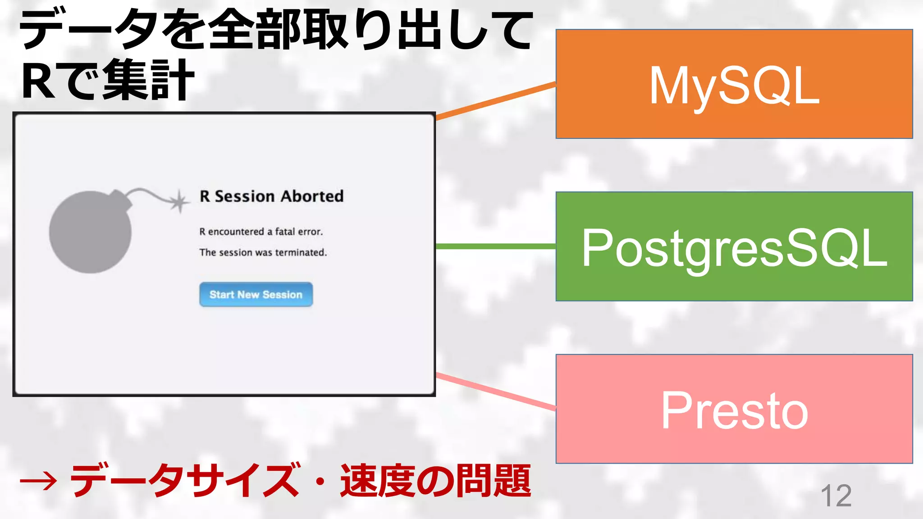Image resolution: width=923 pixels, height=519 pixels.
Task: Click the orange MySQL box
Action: [734, 84]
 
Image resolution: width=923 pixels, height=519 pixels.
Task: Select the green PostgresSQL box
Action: [734, 246]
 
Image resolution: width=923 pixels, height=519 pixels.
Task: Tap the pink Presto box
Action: [734, 409]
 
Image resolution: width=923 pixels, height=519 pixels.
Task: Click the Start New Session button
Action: [256, 295]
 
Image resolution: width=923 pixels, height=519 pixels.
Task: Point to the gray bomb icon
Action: [90, 232]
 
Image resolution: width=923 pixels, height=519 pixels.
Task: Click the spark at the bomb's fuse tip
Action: [179, 201]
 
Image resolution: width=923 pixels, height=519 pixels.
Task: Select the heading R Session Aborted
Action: [271, 196]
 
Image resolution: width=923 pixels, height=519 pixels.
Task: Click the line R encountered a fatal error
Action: [261, 232]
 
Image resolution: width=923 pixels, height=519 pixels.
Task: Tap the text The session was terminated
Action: [263, 252]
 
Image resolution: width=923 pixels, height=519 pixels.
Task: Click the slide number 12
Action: [836, 496]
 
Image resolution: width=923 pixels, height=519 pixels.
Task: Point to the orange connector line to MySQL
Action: [496, 101]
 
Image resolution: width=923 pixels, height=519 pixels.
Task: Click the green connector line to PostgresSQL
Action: [496, 246]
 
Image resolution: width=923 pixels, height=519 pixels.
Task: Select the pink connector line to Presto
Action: [496, 392]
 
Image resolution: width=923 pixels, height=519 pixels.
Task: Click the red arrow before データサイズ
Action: [38, 481]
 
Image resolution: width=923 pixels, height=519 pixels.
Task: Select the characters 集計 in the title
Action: [149, 80]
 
